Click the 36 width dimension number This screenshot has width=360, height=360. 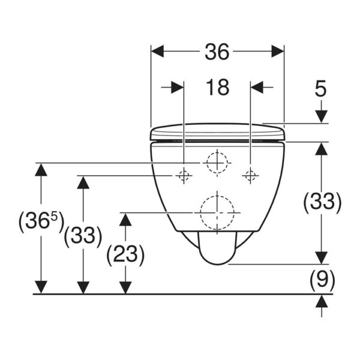[217, 52]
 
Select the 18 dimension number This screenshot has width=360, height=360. [217, 87]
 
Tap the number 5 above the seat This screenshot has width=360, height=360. [320, 88]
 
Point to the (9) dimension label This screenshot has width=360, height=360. [322, 280]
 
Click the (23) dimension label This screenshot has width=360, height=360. [125, 254]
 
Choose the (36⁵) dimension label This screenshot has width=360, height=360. [41, 221]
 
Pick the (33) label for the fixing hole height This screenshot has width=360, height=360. [83, 236]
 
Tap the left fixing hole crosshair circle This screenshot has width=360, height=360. [184, 176]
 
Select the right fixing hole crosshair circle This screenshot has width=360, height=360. [250, 176]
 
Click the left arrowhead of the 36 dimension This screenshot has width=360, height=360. [157, 51]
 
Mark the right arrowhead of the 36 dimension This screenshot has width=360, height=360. [278, 51]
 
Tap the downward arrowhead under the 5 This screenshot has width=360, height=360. [321, 116]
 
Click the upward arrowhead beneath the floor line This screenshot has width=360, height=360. [322, 301]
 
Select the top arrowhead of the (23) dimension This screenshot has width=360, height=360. [125, 220]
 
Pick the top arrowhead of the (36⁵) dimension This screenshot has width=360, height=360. [41, 170]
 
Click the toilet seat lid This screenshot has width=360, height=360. [218, 132]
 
